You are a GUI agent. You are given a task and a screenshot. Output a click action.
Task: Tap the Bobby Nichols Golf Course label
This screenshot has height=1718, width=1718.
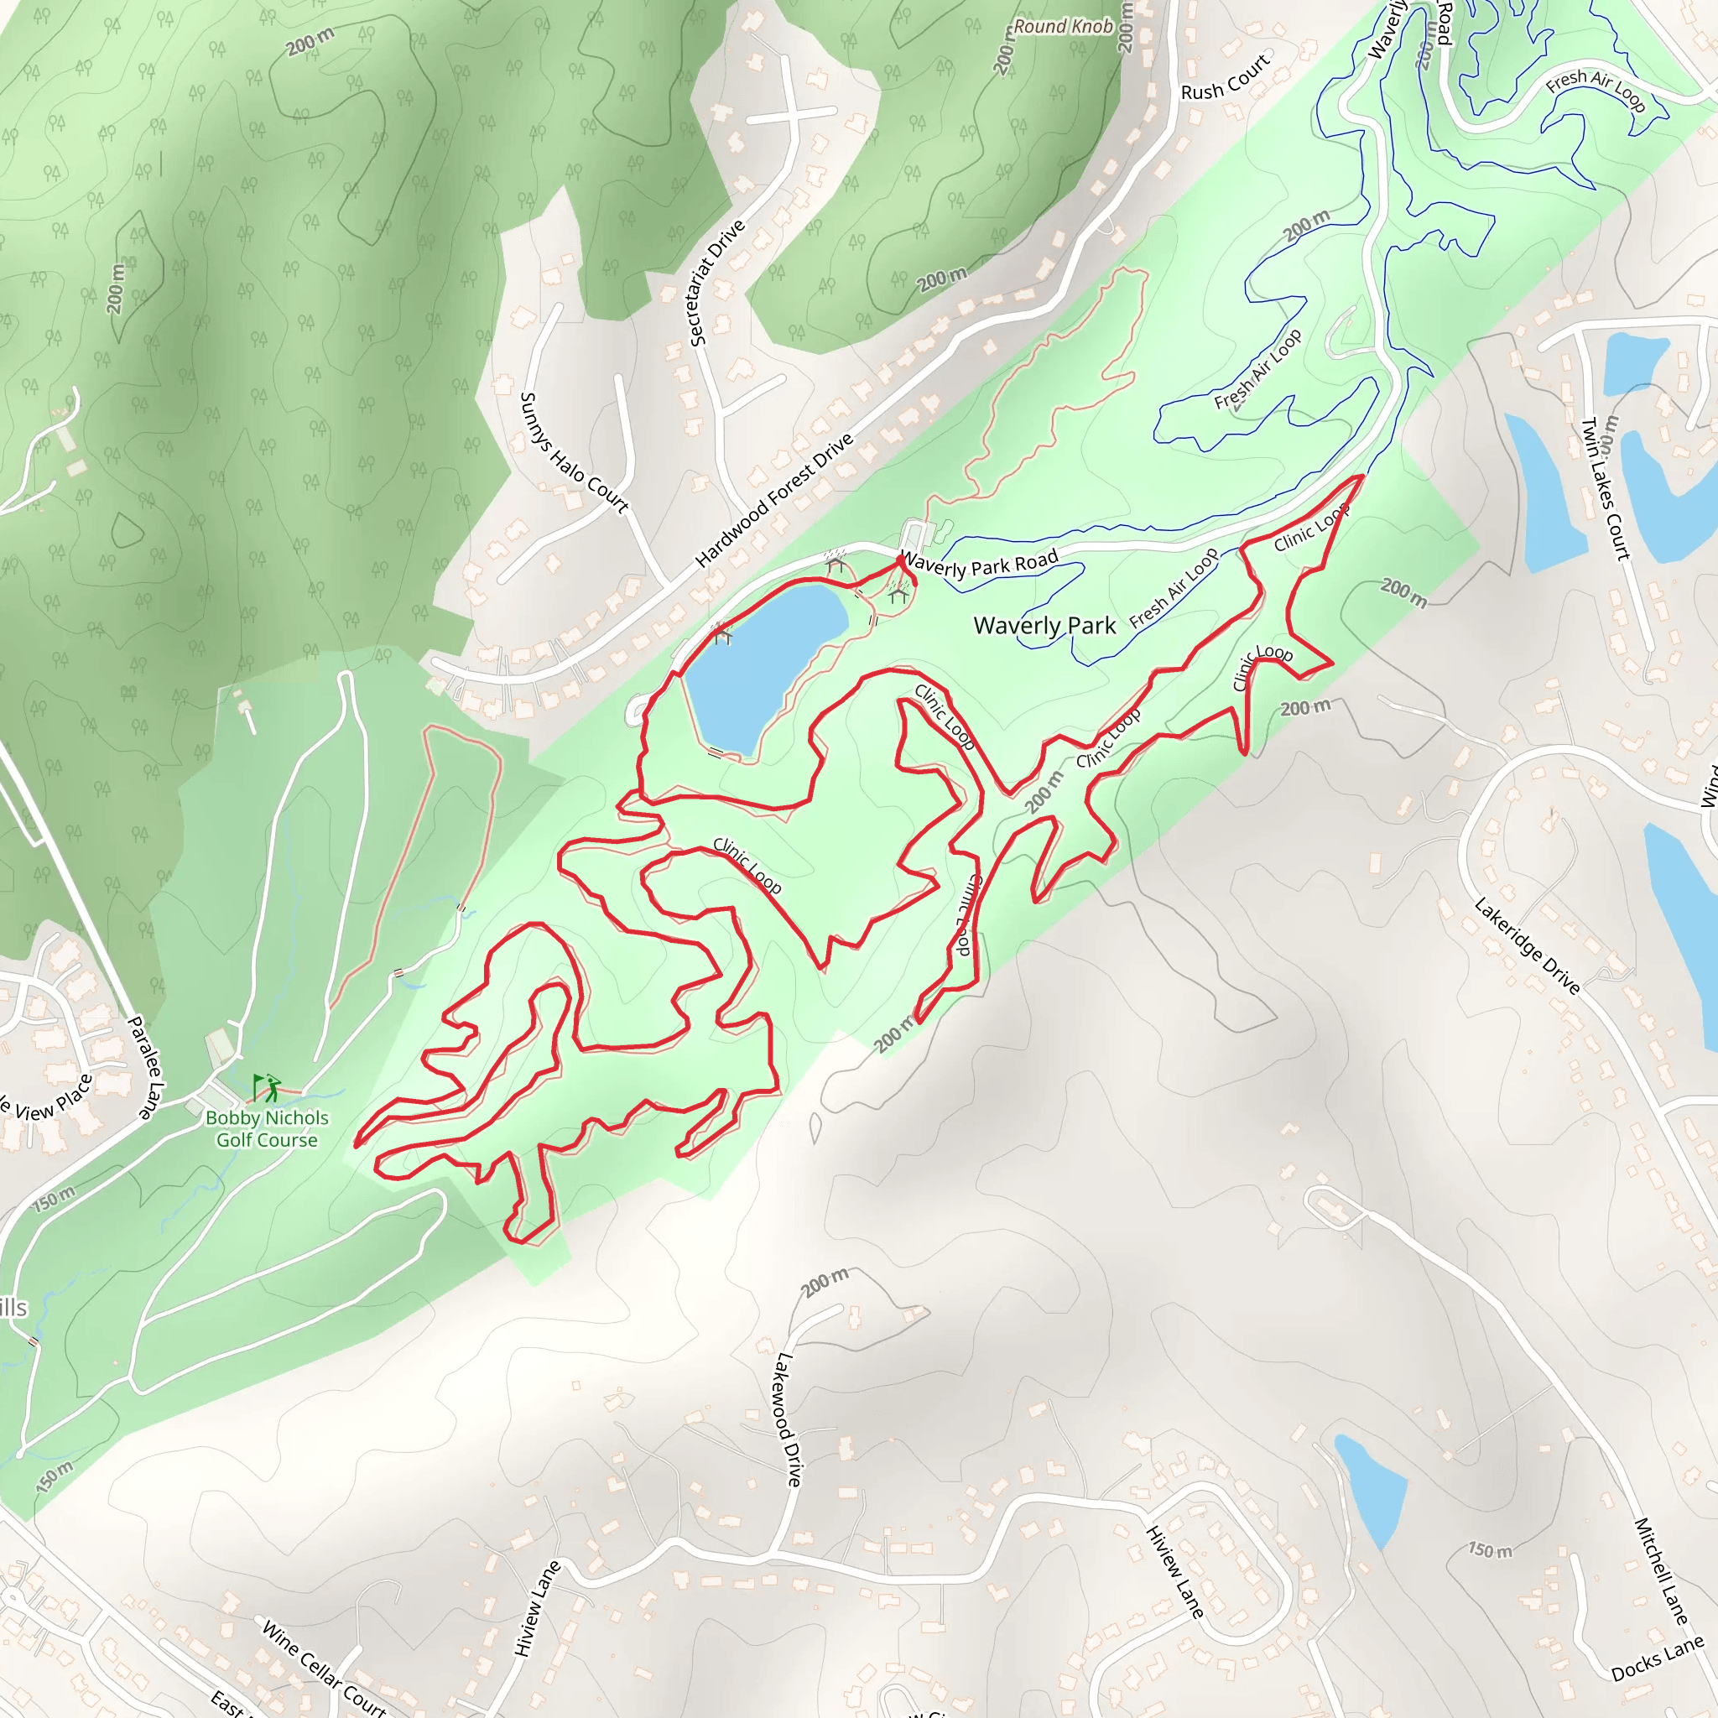[267, 1128]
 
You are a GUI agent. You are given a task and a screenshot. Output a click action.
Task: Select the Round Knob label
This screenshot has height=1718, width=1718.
[1064, 27]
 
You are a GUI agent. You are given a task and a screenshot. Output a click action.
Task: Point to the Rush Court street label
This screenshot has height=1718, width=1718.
[1225, 78]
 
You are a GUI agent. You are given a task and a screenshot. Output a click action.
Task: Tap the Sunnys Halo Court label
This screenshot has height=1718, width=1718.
[573, 453]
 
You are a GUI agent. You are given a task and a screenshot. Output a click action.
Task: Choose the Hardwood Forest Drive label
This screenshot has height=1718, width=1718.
[773, 500]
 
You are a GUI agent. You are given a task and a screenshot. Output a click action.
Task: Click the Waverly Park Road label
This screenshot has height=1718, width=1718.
[979, 565]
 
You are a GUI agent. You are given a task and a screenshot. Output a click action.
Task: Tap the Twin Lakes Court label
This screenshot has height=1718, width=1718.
[1605, 488]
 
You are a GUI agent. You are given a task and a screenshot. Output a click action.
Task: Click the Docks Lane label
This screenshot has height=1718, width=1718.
[1657, 1659]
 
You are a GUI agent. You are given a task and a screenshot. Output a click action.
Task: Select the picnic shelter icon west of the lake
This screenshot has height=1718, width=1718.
[722, 635]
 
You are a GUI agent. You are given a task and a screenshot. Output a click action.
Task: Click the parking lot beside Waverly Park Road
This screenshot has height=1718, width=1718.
[913, 536]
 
